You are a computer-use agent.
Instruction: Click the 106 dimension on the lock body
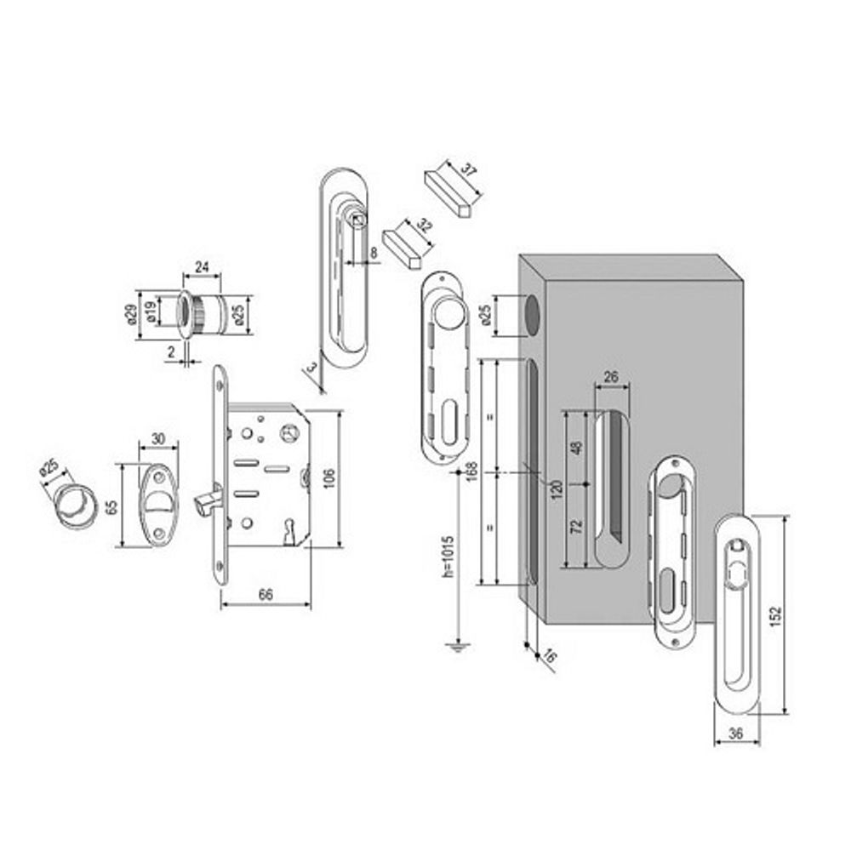(x=328, y=478)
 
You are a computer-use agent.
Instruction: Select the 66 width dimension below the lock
(x=266, y=594)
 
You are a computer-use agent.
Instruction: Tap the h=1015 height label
(x=448, y=557)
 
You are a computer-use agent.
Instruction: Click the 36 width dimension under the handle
(x=736, y=734)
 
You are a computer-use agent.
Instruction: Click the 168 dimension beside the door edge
(x=471, y=472)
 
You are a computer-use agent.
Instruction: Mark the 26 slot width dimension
(x=612, y=376)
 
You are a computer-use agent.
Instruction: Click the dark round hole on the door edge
(x=532, y=316)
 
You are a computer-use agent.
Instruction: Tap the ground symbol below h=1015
(x=458, y=647)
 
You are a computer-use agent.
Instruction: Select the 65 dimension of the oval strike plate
(x=111, y=507)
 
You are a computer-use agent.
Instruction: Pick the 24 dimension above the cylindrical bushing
(x=202, y=266)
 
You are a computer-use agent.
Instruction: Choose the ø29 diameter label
(x=130, y=315)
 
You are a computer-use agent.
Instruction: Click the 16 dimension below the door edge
(x=549, y=656)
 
